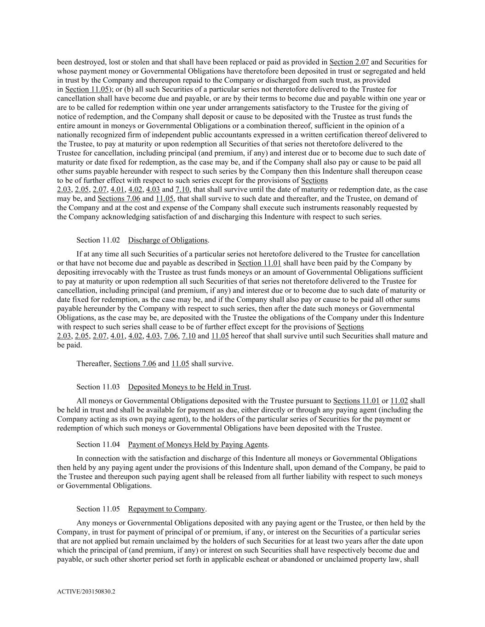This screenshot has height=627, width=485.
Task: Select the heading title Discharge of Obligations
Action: point(168,240)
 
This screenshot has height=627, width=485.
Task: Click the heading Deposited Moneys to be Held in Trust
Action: point(188,387)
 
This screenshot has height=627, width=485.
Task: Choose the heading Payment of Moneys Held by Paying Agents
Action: point(198,444)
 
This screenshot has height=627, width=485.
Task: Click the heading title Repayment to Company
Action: point(166,509)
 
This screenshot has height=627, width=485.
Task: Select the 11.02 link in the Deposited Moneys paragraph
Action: point(399,401)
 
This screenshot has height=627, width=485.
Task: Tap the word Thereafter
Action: point(94,364)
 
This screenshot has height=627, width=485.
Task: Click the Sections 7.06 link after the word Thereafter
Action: point(127,364)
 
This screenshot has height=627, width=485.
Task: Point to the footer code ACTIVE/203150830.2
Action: point(86,592)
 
